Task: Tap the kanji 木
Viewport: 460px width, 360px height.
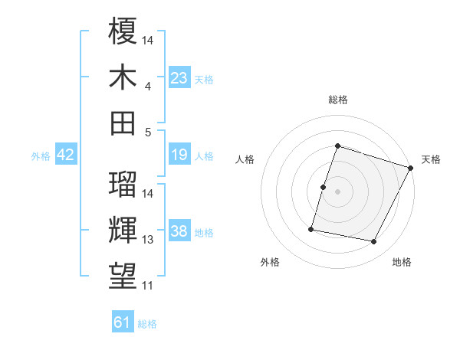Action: (x=123, y=77)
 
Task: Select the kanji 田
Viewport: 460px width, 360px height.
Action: (x=123, y=123)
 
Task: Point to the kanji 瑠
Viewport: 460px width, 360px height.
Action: (x=123, y=184)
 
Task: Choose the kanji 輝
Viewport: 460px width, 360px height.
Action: (x=123, y=230)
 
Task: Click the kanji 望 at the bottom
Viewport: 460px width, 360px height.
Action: (x=123, y=276)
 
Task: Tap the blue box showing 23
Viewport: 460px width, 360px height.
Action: (x=179, y=77)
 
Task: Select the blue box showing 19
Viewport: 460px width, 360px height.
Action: (x=179, y=155)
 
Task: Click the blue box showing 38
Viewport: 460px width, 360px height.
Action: (x=179, y=232)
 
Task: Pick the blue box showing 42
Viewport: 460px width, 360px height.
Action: (x=66, y=155)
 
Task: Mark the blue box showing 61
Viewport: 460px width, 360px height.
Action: (x=123, y=322)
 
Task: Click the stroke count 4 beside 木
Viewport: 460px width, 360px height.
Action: (x=147, y=86)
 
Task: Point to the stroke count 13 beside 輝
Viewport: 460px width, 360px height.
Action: (x=148, y=240)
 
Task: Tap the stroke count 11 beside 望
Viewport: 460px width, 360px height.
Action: (x=148, y=286)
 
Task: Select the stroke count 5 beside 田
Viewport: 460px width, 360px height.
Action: (x=147, y=132)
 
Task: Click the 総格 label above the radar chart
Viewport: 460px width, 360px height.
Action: (x=337, y=100)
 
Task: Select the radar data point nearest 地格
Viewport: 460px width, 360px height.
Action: (x=374, y=242)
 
